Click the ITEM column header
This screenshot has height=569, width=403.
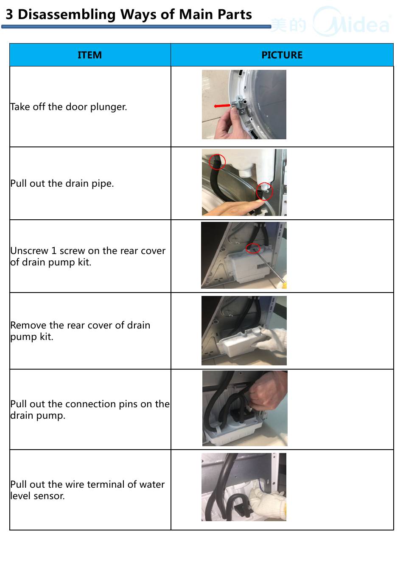[x=90, y=55]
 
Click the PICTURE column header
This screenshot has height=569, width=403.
[x=282, y=55]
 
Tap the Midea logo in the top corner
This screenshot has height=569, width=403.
[x=331, y=22]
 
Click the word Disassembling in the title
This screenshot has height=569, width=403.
[x=67, y=15]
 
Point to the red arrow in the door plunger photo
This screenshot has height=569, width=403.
[x=222, y=106]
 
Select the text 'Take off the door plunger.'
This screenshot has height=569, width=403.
[x=68, y=107]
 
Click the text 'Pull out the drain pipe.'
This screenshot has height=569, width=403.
[x=62, y=183]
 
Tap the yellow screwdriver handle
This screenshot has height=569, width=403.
[x=283, y=285]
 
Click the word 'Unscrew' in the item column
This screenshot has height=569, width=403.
[x=29, y=251]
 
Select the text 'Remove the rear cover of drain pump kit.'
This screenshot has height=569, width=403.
[x=80, y=331]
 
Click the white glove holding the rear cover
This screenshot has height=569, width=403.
[x=271, y=339]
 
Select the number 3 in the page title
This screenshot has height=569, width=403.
[x=9, y=15]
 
